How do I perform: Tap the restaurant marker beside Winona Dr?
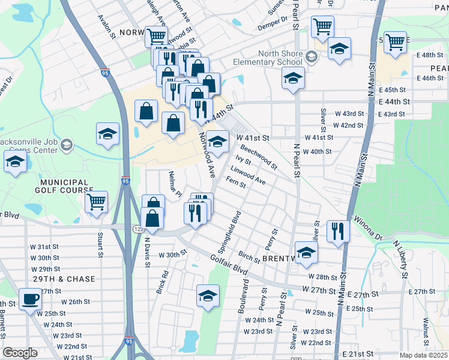tap(338, 230)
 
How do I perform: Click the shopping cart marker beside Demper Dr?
tap(322, 26)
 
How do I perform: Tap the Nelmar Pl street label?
tap(175, 184)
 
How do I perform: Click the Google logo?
tap(20, 353)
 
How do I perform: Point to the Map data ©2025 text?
tap(423, 355)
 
